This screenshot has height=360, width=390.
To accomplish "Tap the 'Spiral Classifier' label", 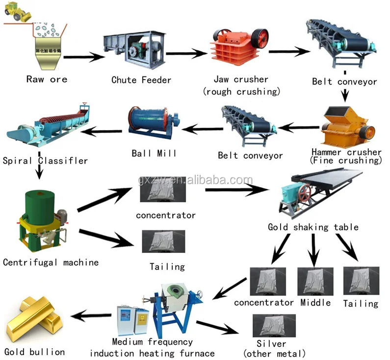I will click(x=45, y=161).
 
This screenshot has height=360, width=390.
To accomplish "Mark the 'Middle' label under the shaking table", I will click(x=316, y=303).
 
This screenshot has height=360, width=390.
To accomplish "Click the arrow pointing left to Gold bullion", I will click(x=93, y=315).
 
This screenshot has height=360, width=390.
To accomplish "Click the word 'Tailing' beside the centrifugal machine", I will click(x=167, y=267).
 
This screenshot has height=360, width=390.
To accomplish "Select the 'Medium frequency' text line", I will click(x=153, y=342).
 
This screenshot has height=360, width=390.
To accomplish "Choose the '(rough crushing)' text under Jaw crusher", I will click(x=241, y=91).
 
